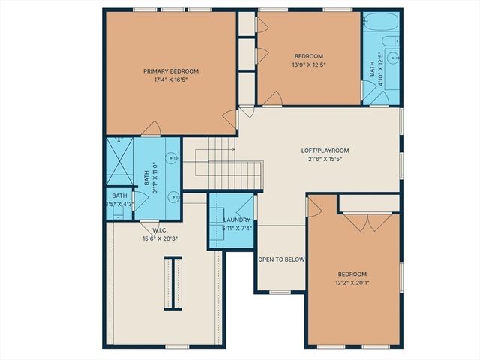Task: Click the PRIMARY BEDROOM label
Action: click(171, 71)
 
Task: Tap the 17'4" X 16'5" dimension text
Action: click(171, 80)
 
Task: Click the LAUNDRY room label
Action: click(237, 220)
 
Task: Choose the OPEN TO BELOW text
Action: click(281, 259)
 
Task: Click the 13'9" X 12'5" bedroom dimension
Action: click(308, 65)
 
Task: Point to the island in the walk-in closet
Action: click(173, 283)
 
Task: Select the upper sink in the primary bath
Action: click(172, 158)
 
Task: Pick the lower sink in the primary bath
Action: click(172, 197)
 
